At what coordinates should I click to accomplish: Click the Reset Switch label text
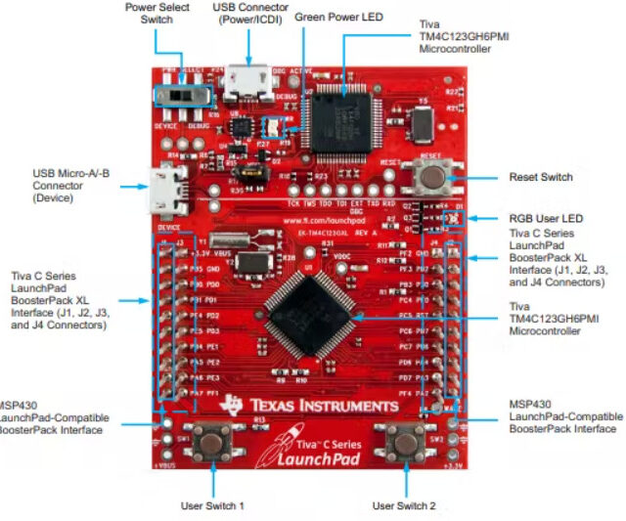click(540, 177)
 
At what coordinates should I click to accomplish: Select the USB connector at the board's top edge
click(245, 84)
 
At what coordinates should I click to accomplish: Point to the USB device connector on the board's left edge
click(160, 190)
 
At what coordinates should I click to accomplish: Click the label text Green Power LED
click(346, 18)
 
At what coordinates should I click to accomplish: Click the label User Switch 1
click(212, 505)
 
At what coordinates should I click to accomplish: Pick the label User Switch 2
click(405, 505)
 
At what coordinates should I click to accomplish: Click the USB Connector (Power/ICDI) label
click(249, 13)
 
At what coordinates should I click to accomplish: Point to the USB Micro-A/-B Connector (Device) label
click(68, 185)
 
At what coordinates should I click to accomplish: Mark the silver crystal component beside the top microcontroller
click(422, 123)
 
